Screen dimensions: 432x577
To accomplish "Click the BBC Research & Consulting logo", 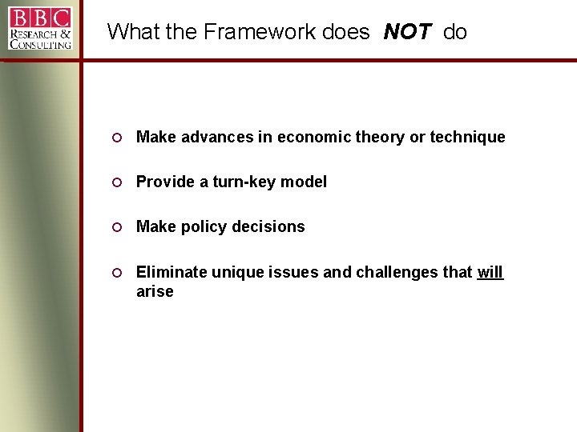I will (x=40, y=29).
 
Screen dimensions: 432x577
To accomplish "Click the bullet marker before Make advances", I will (x=116, y=138).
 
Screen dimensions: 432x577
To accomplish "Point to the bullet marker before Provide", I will (x=116, y=182).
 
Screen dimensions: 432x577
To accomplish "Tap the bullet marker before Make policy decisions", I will (x=116, y=227).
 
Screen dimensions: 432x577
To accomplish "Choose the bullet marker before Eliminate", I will (x=116, y=272).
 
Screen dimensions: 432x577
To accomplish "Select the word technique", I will (x=467, y=138).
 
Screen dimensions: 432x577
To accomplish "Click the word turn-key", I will (x=244, y=182).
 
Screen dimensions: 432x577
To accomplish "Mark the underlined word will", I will (x=490, y=272).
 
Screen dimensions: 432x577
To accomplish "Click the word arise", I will (x=155, y=292).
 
